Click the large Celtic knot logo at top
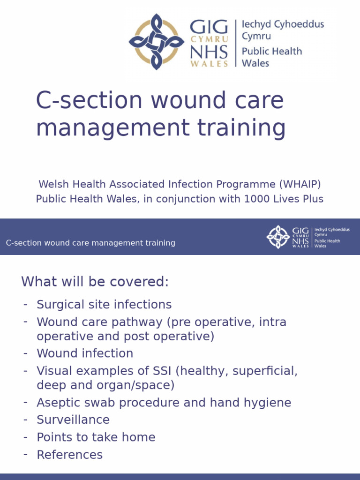coord(157,42)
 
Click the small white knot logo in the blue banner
coord(278,237)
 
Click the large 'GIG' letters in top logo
coord(209,26)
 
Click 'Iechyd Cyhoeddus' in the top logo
coord(283,24)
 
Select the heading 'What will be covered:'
coord(95,282)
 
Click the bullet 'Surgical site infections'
coord(104,305)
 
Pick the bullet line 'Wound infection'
coord(85,353)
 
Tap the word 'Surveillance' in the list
coord(73,420)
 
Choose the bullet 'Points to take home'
coord(96,437)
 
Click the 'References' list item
coord(69,455)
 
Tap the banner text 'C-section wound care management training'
coord(90,243)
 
